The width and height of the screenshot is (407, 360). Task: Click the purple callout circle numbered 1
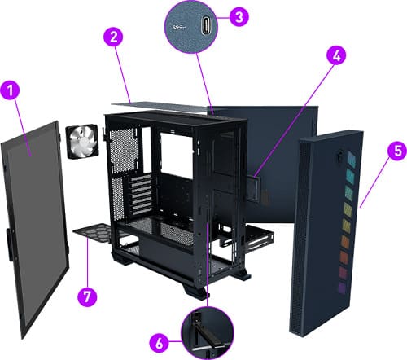tap(10, 90)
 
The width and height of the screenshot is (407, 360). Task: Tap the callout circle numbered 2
tap(113, 37)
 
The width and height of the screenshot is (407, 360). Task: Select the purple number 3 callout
tap(239, 16)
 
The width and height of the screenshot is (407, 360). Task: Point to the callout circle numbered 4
tap(336, 55)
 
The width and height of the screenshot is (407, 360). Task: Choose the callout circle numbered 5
tap(397, 151)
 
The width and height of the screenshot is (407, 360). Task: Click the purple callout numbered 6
tap(160, 343)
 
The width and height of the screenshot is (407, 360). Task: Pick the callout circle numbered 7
tap(87, 296)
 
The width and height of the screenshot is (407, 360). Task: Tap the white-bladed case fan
tap(82, 141)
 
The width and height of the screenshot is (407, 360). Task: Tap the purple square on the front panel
tap(342, 288)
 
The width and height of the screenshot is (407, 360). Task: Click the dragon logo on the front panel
tap(339, 155)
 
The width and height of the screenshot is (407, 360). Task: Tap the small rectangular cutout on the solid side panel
tap(254, 189)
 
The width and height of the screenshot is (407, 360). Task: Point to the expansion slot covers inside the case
tap(141, 195)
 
